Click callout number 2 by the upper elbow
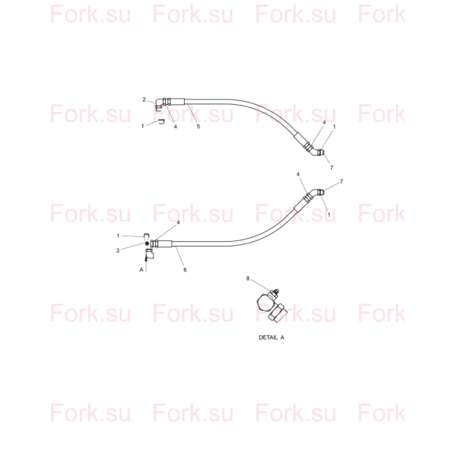[144, 99]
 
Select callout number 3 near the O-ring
[118, 250]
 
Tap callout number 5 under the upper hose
[198, 126]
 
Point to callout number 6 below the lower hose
[185, 270]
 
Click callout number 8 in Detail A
[247, 279]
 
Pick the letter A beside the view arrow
[142, 270]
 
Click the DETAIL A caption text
[272, 337]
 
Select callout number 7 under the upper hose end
[332, 168]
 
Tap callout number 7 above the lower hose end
[341, 182]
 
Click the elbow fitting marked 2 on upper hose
[159, 104]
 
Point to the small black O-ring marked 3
[147, 243]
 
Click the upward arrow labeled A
[146, 261]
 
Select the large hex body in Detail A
[265, 303]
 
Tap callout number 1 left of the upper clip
[142, 126]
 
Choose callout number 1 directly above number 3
[118, 236]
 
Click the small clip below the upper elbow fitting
[161, 121]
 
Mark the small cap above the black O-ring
[146, 235]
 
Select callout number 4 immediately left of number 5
[175, 127]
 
